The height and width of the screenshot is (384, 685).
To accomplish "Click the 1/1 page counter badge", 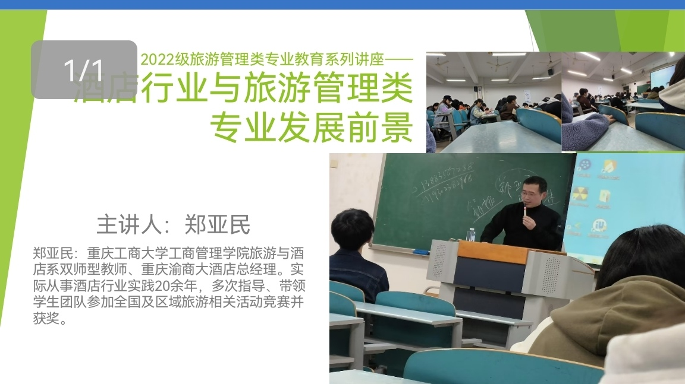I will (x=84, y=69).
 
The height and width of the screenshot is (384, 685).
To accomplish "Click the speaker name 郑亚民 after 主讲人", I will (x=218, y=226).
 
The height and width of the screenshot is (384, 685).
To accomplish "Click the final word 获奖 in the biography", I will (x=47, y=319).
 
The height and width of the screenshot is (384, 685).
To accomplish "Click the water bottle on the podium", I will (x=471, y=234).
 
